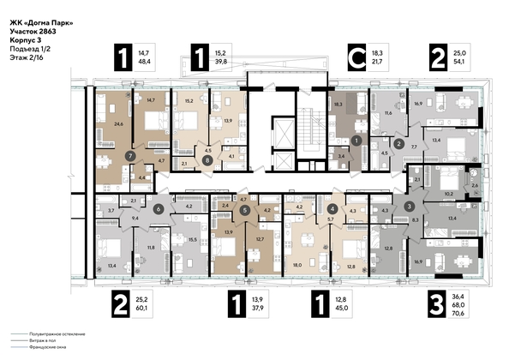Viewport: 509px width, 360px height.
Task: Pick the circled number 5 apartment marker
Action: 245,209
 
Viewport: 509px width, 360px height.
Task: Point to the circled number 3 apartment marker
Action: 410,207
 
